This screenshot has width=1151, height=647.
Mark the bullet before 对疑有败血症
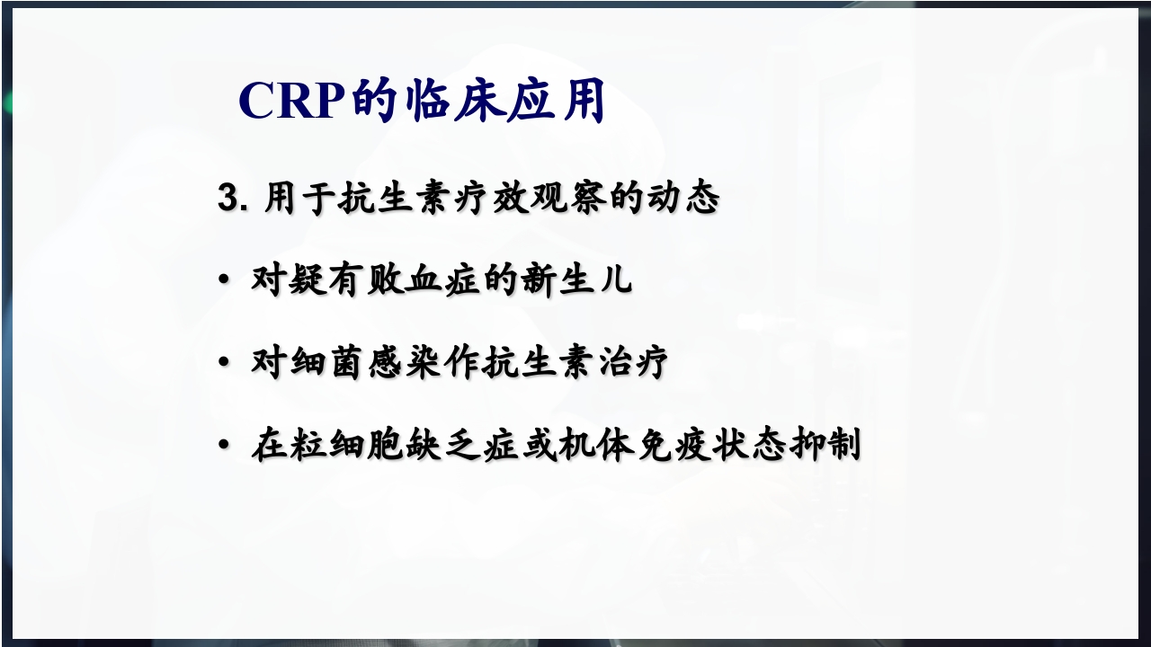click(x=224, y=281)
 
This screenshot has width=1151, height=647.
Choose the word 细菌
click(x=327, y=363)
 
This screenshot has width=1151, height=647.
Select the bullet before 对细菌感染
click(x=224, y=364)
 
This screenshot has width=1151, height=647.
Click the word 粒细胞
click(x=346, y=446)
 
